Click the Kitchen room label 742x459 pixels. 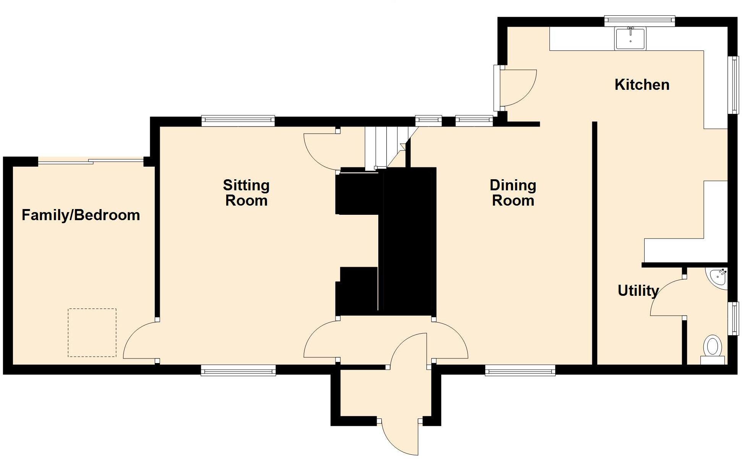coord(642,85)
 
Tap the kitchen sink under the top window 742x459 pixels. coord(630,39)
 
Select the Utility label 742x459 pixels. coord(638,291)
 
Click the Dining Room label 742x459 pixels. coord(513,193)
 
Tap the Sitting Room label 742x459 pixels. coord(246,193)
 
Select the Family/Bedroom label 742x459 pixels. coord(81,215)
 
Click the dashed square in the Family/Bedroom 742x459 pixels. coord(92,333)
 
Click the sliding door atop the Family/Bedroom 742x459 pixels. coord(91,161)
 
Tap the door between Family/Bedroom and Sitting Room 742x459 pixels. coord(139,340)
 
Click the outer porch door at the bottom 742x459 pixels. coord(399,438)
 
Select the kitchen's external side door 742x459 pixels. coord(516,88)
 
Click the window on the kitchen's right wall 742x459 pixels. coord(733,85)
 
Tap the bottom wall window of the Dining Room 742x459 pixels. coord(520,370)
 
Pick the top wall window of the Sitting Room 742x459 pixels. coord(238,121)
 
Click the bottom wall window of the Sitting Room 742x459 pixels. coord(238,370)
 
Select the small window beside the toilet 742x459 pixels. coord(733,318)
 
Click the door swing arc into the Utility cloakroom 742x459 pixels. coord(667,298)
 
